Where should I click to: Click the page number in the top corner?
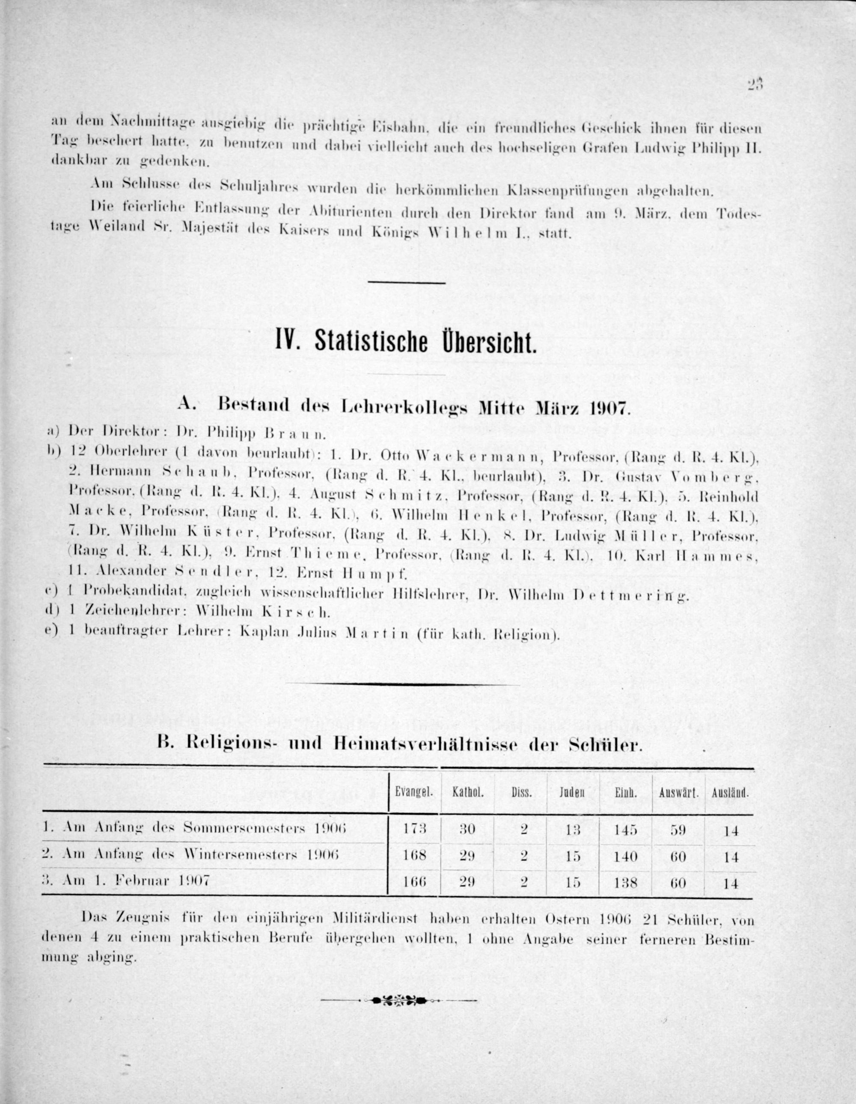[755, 84]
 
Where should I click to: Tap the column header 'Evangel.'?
[414, 793]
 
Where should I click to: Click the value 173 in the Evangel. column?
[415, 829]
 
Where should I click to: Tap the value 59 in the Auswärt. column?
[678, 829]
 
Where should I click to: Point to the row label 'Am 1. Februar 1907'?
[126, 880]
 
